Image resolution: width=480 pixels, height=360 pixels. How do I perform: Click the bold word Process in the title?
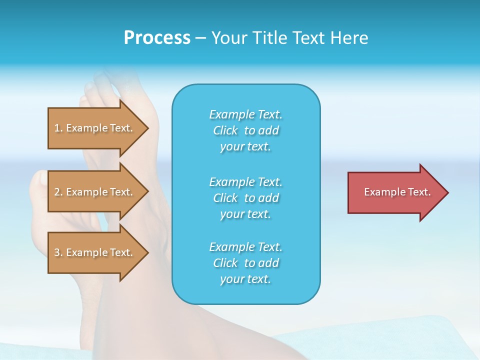pyautogui.click(x=157, y=38)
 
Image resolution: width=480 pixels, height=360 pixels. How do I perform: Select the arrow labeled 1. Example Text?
pyautogui.click(x=95, y=128)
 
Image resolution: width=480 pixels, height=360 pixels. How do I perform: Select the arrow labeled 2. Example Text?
pyautogui.click(x=95, y=192)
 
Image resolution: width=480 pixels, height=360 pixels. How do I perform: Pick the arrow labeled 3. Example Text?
pyautogui.click(x=95, y=252)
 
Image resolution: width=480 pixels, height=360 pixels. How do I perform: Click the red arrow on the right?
pyautogui.click(x=395, y=192)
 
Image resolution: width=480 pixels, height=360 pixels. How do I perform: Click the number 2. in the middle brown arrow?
pyautogui.click(x=58, y=192)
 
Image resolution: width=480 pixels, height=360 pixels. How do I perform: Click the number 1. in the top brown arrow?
pyautogui.click(x=58, y=128)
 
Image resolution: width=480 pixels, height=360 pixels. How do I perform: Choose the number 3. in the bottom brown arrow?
pyautogui.click(x=58, y=252)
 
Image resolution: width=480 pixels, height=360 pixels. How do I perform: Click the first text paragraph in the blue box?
pyautogui.click(x=246, y=130)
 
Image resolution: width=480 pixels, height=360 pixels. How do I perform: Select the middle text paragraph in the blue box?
pyautogui.click(x=246, y=197)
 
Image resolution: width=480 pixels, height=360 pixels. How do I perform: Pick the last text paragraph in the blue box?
pyautogui.click(x=246, y=263)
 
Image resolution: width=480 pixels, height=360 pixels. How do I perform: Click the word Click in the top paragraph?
pyautogui.click(x=225, y=130)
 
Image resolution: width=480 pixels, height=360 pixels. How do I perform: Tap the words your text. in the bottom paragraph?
pyautogui.click(x=245, y=279)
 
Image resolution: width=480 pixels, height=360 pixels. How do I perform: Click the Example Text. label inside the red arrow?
pyautogui.click(x=397, y=192)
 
